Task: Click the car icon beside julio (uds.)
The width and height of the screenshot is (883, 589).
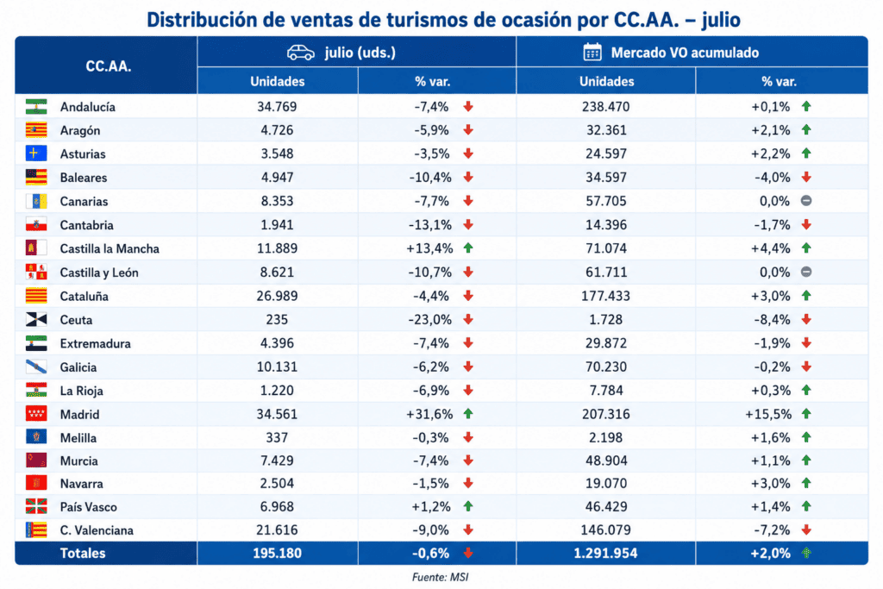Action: [301, 53]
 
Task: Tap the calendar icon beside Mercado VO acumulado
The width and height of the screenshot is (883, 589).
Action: [592, 52]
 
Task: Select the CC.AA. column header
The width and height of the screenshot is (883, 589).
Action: [108, 66]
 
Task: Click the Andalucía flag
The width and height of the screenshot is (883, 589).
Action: [36, 107]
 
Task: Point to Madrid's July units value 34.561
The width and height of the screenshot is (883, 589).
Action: [277, 415]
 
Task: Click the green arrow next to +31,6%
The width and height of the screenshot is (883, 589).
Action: [468, 414]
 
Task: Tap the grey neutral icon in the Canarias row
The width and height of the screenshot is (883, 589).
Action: [806, 201]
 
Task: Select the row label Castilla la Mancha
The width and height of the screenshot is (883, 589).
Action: [110, 249]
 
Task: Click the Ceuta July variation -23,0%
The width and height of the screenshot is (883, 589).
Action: [430, 320]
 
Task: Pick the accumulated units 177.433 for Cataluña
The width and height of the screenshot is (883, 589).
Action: [606, 296]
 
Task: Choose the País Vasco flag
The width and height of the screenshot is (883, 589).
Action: [36, 507]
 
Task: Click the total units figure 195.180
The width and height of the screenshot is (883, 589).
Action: [277, 554]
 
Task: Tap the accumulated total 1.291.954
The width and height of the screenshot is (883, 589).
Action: [606, 554]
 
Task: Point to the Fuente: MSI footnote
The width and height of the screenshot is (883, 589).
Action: [441, 577]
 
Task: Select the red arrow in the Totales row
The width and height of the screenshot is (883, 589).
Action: [468, 554]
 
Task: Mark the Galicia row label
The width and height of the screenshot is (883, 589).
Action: [78, 367]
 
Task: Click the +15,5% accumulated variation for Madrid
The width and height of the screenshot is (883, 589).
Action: [768, 415]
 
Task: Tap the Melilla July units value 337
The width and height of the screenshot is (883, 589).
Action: [277, 438]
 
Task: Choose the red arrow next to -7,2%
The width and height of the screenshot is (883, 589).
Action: [806, 529]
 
